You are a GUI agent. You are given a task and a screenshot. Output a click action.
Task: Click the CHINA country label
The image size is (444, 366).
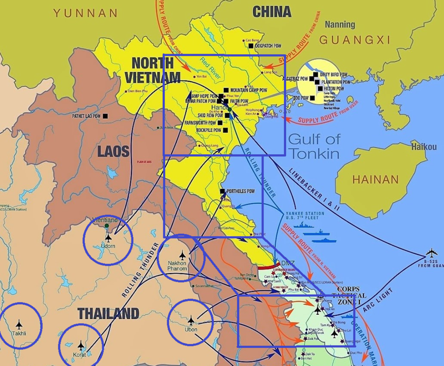272,12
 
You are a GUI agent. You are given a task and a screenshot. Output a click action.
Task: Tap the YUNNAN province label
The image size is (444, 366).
85,13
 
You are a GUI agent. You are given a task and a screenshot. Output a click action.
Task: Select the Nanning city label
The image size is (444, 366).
340,24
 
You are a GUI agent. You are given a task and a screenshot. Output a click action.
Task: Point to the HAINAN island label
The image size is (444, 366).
375,180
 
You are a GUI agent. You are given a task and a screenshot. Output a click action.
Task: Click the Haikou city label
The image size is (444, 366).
424,146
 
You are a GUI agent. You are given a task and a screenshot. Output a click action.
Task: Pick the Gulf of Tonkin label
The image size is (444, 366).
313,146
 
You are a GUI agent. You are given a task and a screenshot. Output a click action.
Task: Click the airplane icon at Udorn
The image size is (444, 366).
108,238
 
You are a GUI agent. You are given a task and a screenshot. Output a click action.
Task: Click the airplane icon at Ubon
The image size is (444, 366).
191,320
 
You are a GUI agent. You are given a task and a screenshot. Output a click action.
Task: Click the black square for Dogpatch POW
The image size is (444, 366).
251,46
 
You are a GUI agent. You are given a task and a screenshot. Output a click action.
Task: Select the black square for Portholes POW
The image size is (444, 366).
223,191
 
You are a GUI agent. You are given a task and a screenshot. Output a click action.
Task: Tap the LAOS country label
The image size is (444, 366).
113,151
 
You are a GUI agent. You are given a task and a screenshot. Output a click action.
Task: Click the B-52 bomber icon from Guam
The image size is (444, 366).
431,253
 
